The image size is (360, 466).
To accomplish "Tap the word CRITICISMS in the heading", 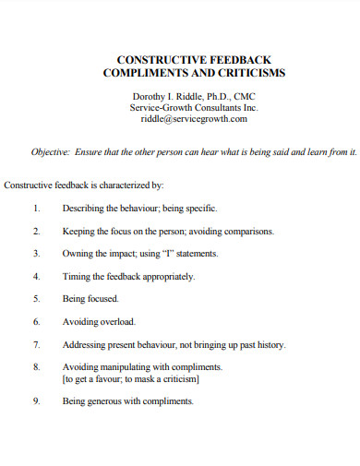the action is [250, 71].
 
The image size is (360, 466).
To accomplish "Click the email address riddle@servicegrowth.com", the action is [194, 118].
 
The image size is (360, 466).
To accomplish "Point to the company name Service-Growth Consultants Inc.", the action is [194, 107].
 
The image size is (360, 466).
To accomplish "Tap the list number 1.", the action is [36, 209].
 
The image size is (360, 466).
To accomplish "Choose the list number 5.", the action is [36, 299].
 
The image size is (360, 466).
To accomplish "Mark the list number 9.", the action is [36, 401].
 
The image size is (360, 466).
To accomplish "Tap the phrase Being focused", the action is [90, 299].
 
